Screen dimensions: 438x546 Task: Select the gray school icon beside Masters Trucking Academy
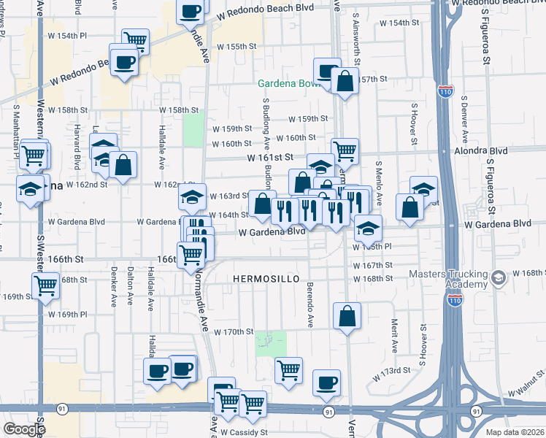(498, 278)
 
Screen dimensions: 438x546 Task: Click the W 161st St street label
(269, 157)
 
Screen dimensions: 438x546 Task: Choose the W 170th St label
(234, 331)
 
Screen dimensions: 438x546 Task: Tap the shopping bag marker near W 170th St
(347, 317)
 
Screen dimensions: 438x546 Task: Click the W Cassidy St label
(245, 432)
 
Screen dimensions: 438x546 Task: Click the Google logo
(24, 429)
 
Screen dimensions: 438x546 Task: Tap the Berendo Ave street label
(310, 304)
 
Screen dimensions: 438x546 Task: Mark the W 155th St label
(242, 46)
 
